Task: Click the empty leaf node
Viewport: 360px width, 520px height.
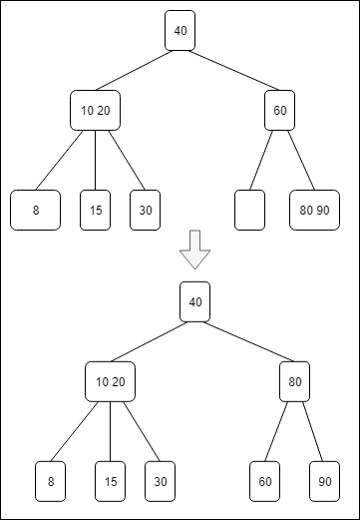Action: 249,210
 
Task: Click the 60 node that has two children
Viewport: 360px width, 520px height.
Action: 279,110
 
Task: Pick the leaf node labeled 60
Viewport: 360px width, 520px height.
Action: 264,480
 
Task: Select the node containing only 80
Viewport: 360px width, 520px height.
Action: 294,381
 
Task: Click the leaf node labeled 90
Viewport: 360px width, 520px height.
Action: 324,480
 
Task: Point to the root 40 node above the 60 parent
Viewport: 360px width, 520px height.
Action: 180,31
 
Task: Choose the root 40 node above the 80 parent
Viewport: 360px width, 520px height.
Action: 194,301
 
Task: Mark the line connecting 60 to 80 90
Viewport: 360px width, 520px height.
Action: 301,160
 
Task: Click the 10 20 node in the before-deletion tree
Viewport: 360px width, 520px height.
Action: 95,110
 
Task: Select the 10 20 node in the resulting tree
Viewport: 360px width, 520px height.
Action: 110,381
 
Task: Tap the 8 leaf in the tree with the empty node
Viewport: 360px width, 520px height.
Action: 35,210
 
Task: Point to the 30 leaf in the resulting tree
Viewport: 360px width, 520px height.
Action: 160,480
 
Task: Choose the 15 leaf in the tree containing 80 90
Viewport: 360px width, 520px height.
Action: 95,210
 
